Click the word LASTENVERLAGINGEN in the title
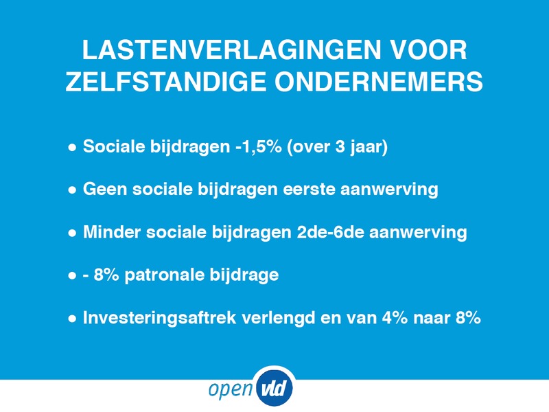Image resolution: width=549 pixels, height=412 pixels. pyautogui.click(x=231, y=50)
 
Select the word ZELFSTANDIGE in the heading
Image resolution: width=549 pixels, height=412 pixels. pyautogui.click(x=166, y=82)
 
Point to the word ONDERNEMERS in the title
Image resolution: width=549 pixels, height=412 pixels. pyautogui.click(x=379, y=82)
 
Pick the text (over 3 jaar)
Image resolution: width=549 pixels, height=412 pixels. pyautogui.click(x=337, y=147)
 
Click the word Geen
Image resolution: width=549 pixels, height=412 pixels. pyautogui.click(x=105, y=190)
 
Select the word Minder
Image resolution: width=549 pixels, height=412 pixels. pyautogui.click(x=112, y=232)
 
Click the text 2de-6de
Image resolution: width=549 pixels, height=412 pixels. pyautogui.click(x=330, y=232)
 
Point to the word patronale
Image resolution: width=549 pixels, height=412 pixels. pyautogui.click(x=165, y=275)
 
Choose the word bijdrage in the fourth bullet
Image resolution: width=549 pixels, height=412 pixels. pyautogui.click(x=244, y=275)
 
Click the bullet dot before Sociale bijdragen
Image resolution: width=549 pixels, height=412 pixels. pyautogui.click(x=72, y=148)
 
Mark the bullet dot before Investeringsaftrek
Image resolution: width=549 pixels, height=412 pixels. pyautogui.click(x=72, y=319)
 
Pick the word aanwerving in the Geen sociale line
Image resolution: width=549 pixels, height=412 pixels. pyautogui.click(x=389, y=190)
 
